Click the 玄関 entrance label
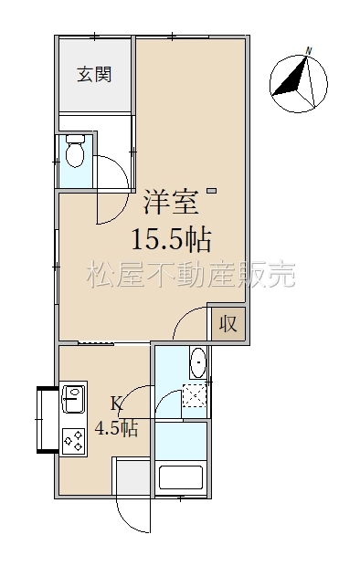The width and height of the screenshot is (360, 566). (x=94, y=74)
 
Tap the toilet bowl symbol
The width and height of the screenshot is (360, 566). (x=75, y=152)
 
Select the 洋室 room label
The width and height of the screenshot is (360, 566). (x=172, y=203)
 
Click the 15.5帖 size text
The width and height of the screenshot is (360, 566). (x=172, y=240)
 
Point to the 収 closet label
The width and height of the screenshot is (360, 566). (x=228, y=323)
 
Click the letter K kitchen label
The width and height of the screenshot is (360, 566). (x=116, y=404)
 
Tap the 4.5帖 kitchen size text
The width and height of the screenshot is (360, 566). (x=116, y=428)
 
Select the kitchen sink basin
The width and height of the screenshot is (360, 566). (x=74, y=399)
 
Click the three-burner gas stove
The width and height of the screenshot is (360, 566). (x=74, y=441)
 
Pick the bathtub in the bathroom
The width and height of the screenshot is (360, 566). (x=181, y=477)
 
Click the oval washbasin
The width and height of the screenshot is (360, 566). (x=197, y=362)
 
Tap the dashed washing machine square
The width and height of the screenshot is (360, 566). (x=195, y=395)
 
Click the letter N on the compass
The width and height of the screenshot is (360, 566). (x=308, y=51)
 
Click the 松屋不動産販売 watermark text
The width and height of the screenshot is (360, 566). (x=191, y=275)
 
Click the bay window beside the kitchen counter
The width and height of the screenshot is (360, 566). (x=47, y=420)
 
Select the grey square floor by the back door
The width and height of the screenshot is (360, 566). (x=132, y=477)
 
